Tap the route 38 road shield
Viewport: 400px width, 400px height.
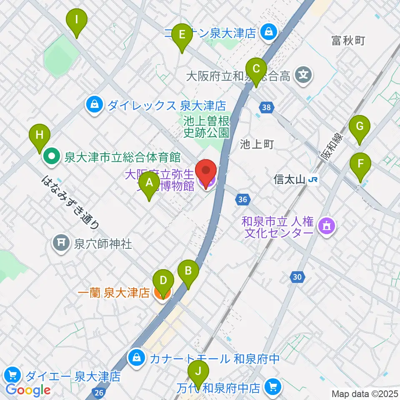coord(267,108)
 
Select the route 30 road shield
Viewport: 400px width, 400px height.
coord(297,277)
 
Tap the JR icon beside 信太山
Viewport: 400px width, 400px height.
coord(314,180)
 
